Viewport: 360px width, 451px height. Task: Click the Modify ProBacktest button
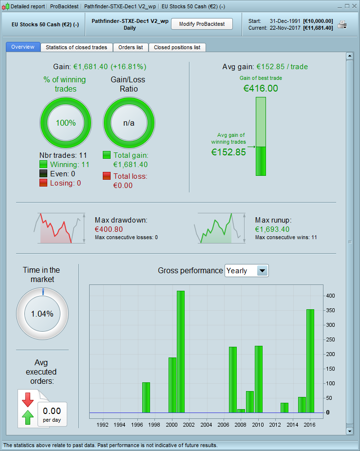[202, 24]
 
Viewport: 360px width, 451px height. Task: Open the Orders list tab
[131, 47]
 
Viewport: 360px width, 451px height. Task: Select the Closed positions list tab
[177, 47]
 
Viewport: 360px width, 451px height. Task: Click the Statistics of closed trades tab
[77, 47]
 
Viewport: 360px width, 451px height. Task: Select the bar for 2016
[310, 360]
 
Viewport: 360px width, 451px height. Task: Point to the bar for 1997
[146, 397]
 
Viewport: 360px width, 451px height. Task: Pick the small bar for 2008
[241, 411]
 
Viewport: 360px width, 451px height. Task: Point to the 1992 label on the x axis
[103, 425]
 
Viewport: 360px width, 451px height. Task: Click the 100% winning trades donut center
[66, 123]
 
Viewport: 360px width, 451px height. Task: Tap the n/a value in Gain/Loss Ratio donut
[129, 123]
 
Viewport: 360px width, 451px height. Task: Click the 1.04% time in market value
[42, 314]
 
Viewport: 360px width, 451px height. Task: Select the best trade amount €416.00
[261, 88]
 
